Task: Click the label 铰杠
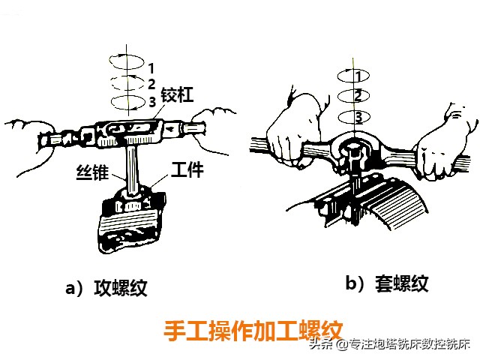(177, 94)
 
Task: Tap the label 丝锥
(92, 172)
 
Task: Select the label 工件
(187, 169)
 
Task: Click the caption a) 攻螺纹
(106, 288)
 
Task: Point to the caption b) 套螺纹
(387, 283)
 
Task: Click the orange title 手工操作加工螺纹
(253, 331)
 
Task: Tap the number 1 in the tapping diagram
(151, 68)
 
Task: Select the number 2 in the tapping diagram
(151, 84)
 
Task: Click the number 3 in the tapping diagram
(152, 102)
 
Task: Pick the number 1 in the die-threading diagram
(358, 76)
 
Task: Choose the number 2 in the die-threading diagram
(358, 96)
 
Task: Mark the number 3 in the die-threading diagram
(358, 117)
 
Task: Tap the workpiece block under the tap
(131, 221)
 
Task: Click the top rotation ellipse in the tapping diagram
(127, 61)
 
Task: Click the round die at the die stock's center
(354, 152)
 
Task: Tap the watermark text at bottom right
(388, 344)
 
